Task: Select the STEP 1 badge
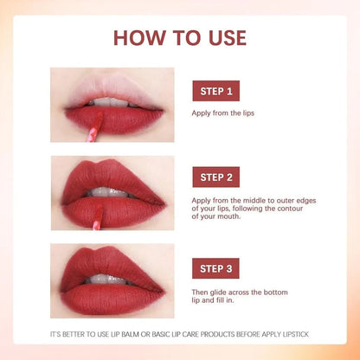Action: [x=215, y=91]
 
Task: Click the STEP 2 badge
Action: [x=215, y=177]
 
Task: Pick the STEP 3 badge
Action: [x=215, y=267]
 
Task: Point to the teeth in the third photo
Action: [x=112, y=279]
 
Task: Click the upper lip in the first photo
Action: [x=112, y=93]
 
